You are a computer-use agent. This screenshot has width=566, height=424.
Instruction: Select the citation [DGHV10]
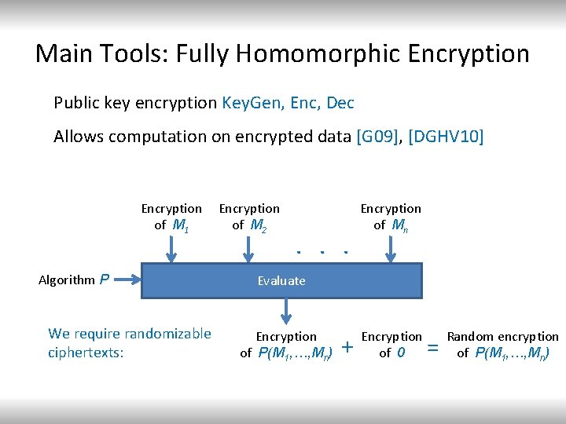click(x=447, y=137)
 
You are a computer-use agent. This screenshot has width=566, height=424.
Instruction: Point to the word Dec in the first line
click(x=340, y=103)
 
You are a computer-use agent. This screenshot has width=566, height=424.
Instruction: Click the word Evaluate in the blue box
click(x=281, y=280)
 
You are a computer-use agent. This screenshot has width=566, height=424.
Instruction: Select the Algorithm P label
click(x=74, y=279)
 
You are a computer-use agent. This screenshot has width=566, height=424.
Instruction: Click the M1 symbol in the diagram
click(x=180, y=226)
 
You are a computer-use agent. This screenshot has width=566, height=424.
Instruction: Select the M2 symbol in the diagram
click(x=258, y=226)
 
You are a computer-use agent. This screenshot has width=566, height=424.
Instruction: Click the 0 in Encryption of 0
click(x=401, y=353)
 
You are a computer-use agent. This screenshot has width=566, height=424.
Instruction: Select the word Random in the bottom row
click(x=469, y=337)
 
